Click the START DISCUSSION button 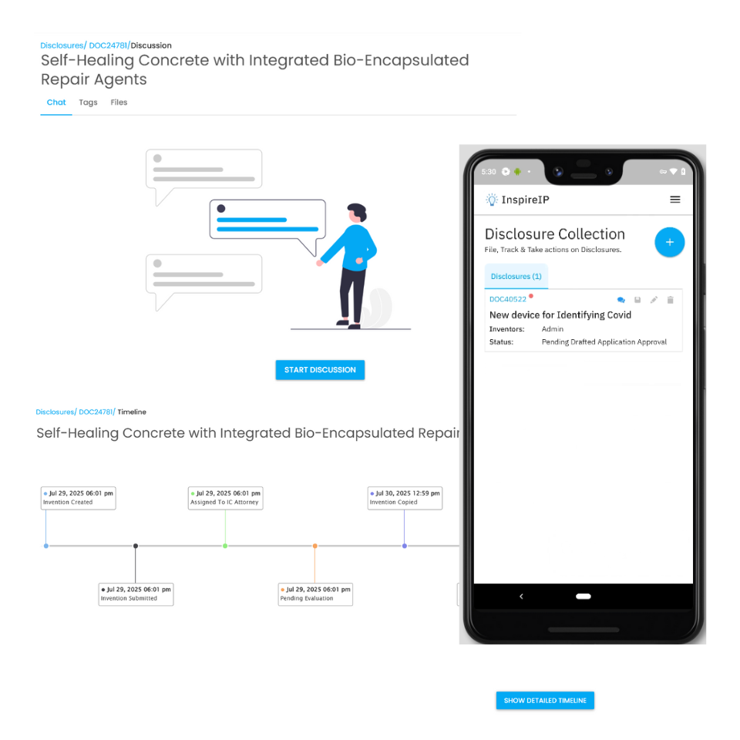tap(320, 369)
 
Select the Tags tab tap(88, 103)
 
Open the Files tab tap(119, 103)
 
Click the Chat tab tap(56, 103)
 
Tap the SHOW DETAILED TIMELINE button tap(545, 701)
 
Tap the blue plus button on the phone tap(669, 242)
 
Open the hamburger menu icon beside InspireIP tap(675, 200)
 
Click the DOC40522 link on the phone tap(507, 299)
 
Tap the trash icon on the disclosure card tap(670, 300)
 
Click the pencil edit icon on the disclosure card tap(654, 300)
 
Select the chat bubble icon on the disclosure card tap(621, 300)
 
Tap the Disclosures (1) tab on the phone tap(516, 277)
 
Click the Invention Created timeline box tap(79, 498)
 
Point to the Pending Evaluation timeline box tap(315, 594)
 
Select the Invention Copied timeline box tap(405, 498)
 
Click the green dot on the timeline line tap(225, 546)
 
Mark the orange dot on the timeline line tap(314, 546)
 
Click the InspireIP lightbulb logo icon tap(492, 200)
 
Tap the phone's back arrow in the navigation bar tap(521, 597)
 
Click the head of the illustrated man tap(356, 213)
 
